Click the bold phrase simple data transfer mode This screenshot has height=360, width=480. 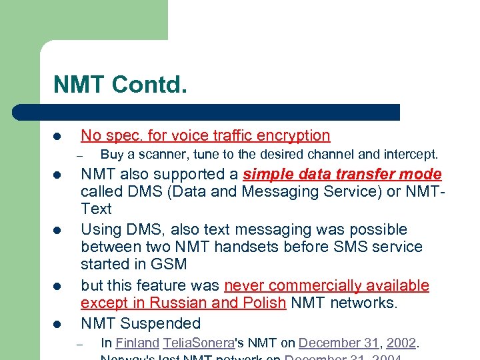[343, 175]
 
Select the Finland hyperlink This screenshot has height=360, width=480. [137, 343]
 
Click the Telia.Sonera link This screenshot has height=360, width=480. [199, 343]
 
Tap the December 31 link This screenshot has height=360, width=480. [338, 343]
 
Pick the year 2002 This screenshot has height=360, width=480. [401, 343]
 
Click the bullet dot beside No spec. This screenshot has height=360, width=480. [58, 137]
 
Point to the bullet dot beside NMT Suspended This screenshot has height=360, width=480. [58, 325]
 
